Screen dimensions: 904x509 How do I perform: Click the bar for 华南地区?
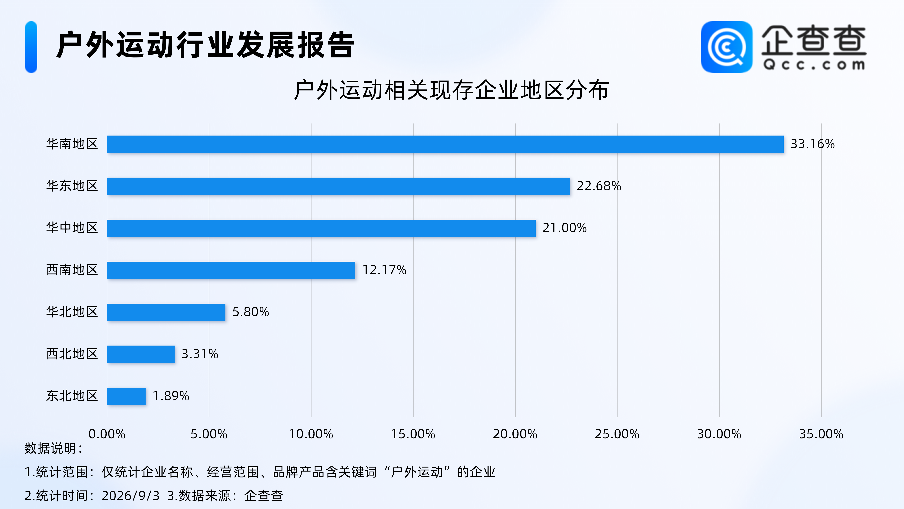point(445,144)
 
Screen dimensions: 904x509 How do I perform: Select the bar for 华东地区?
point(338,186)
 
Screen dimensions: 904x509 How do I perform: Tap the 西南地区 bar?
point(231,270)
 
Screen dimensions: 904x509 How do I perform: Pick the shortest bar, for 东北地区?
point(126,396)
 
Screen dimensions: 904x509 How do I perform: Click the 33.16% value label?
point(812,144)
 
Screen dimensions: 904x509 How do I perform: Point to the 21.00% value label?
point(564,228)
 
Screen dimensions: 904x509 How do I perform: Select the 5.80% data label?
point(250,312)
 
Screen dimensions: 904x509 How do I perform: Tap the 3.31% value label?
point(200,354)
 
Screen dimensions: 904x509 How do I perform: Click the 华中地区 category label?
point(72,228)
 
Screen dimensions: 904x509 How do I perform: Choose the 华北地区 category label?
point(72,312)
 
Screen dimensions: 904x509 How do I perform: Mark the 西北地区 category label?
point(72,354)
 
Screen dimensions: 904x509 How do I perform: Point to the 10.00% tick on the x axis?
point(311,434)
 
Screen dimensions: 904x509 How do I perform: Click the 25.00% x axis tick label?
point(617,434)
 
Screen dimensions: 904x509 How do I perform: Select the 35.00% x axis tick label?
point(821,434)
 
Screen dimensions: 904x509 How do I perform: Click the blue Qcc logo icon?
point(727,47)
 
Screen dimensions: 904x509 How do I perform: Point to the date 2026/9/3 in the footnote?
point(131,496)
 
